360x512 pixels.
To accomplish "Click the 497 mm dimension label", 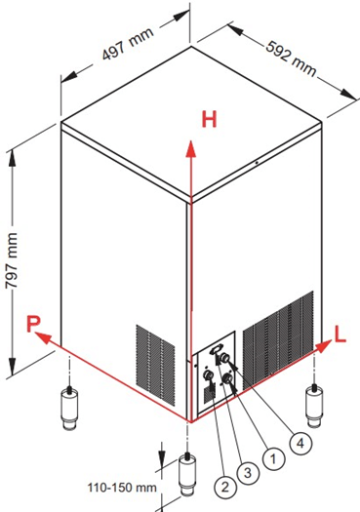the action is (128, 44).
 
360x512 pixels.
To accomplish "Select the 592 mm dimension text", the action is (291, 59).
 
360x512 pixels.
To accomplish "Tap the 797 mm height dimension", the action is (12, 260).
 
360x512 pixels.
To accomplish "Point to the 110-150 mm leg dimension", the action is (122, 488).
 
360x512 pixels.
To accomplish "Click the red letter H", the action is (209, 119).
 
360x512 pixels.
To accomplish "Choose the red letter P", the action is (33, 324).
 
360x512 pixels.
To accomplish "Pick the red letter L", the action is (340, 335).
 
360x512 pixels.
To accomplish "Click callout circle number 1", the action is (274, 459).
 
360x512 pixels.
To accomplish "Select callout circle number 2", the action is (225, 488).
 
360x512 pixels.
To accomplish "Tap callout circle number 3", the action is (248, 472).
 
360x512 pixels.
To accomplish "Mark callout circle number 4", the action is (300, 443).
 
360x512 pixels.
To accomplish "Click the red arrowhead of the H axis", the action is (191, 148).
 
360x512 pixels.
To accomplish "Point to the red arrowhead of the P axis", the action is (43, 337).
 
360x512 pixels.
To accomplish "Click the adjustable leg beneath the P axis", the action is (69, 408).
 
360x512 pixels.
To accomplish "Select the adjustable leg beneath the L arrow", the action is (313, 406).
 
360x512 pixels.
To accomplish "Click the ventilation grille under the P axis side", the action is (155, 365).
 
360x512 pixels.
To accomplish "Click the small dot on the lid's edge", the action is (257, 162).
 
